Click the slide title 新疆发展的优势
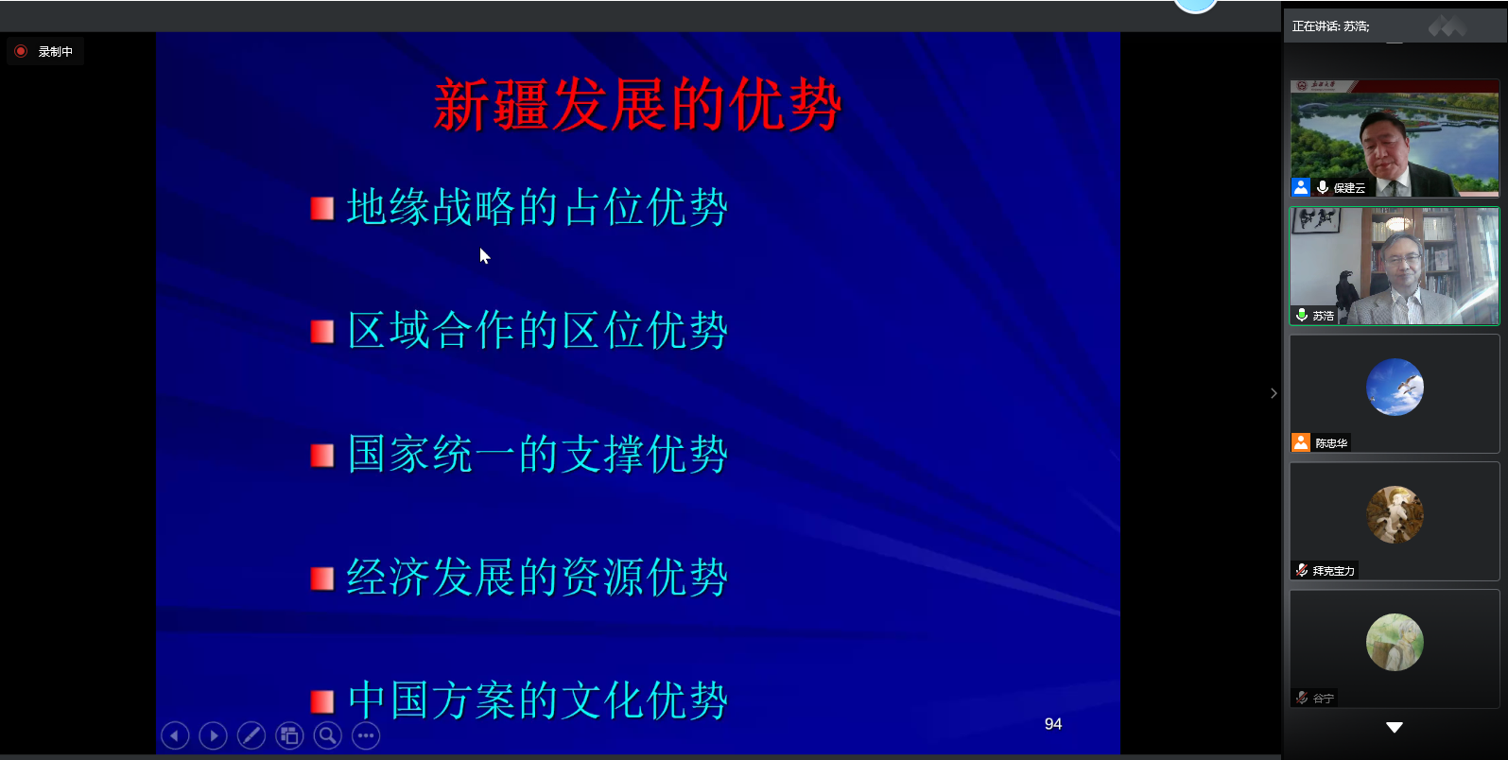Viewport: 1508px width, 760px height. pyautogui.click(x=637, y=105)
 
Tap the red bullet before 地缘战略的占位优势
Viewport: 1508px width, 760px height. pyautogui.click(x=322, y=208)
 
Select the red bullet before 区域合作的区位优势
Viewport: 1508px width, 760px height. pyautogui.click(x=322, y=331)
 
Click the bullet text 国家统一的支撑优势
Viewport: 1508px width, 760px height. pyautogui.click(x=537, y=455)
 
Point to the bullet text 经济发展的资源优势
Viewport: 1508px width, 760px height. pyautogui.click(x=537, y=578)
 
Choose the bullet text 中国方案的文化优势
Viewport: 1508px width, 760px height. pyautogui.click(x=537, y=700)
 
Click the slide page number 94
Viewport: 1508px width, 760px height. pyautogui.click(x=1053, y=724)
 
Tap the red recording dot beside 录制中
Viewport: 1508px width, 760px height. pyautogui.click(x=21, y=51)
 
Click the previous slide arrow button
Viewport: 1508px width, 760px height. pyautogui.click(x=175, y=735)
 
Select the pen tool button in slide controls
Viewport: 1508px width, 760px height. pyautogui.click(x=251, y=735)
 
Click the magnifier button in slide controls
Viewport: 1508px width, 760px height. pyautogui.click(x=328, y=735)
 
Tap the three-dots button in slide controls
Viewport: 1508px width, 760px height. pyautogui.click(x=366, y=735)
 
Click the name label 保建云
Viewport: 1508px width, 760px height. pyautogui.click(x=1349, y=188)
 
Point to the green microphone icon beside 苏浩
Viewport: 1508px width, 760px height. pyautogui.click(x=1302, y=315)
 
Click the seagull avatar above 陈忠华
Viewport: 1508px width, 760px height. pyautogui.click(x=1395, y=387)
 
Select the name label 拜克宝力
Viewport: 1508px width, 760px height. pyautogui.click(x=1333, y=571)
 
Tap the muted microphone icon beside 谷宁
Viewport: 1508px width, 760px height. pyautogui.click(x=1302, y=698)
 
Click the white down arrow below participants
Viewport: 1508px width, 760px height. pyautogui.click(x=1395, y=727)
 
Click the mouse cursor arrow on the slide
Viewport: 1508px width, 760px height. pyautogui.click(x=485, y=256)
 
